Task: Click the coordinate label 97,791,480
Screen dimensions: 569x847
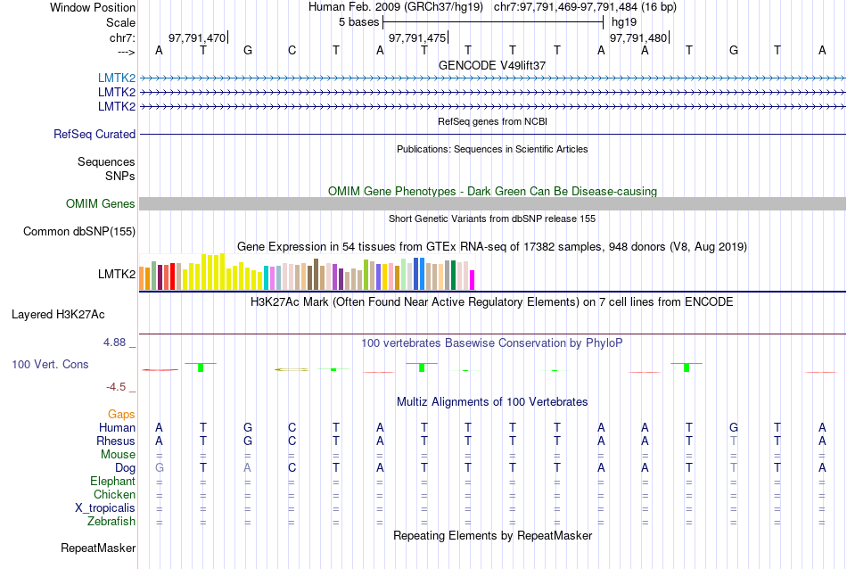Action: tap(637, 38)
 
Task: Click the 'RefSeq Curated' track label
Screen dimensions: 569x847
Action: tap(95, 134)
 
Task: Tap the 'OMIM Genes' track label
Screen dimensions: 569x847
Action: tap(101, 204)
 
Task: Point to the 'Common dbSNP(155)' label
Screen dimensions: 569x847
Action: tap(79, 232)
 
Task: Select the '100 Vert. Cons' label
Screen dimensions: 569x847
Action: tap(50, 365)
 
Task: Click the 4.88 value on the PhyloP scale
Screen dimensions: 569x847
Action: tap(117, 342)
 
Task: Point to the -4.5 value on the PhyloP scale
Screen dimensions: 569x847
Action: tap(117, 387)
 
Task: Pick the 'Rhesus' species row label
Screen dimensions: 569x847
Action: tap(116, 441)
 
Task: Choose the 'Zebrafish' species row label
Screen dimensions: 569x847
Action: tap(112, 521)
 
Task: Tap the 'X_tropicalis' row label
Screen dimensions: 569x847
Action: tap(105, 507)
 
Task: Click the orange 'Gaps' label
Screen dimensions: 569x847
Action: tap(121, 414)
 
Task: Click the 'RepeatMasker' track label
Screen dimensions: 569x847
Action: tap(98, 548)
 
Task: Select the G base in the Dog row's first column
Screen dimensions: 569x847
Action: tap(160, 467)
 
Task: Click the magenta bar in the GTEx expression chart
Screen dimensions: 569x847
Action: tap(473, 279)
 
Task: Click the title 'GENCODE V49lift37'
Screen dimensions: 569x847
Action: tap(492, 65)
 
